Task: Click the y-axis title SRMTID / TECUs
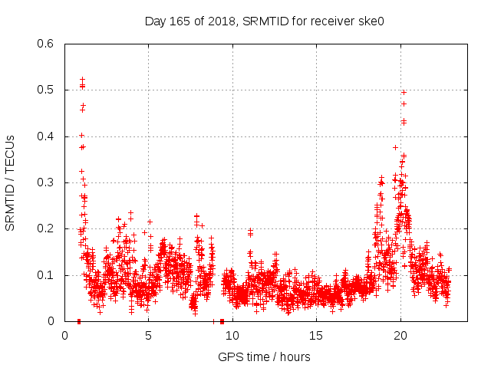click(11, 183)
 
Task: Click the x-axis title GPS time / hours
click(264, 356)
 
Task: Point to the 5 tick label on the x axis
click(149, 335)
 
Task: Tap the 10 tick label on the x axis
click(232, 335)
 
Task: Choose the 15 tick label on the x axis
click(316, 335)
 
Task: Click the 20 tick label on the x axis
click(400, 335)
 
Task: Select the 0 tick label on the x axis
click(65, 335)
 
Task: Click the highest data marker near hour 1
click(82, 80)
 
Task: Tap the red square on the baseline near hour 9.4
click(222, 321)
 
